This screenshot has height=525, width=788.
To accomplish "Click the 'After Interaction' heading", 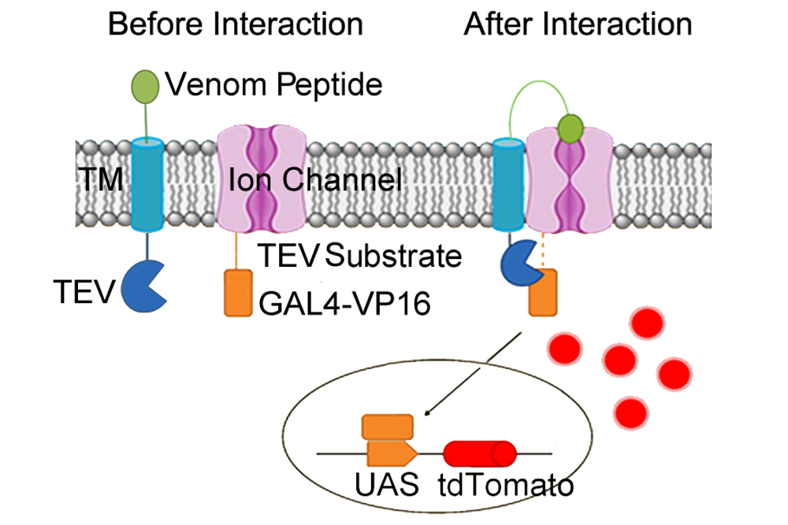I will [x=578, y=24].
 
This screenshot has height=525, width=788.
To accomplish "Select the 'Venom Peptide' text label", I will [x=274, y=83].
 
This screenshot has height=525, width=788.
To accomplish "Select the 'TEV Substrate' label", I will [x=359, y=256].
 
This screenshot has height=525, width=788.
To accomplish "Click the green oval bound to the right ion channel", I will [x=569, y=126].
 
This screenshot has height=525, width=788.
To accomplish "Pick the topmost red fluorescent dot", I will [x=647, y=324].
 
